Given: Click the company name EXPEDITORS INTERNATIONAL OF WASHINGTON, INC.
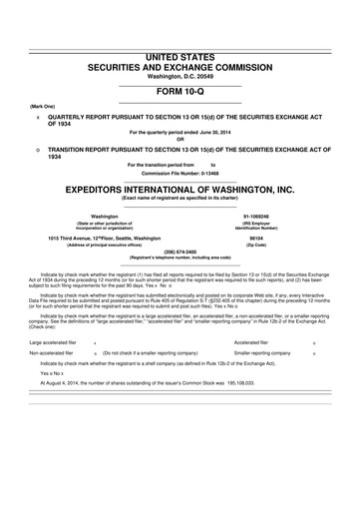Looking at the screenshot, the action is [180, 187].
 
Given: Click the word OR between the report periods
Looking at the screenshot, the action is [180, 138].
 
